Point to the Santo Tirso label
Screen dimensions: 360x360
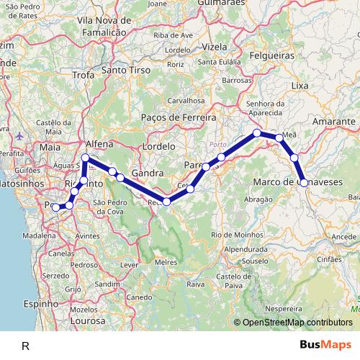[125, 71]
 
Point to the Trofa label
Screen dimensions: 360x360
[84, 74]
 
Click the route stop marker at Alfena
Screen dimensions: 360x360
[86, 157]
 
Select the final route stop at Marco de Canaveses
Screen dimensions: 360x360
[304, 183]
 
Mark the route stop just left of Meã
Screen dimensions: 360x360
[279, 137]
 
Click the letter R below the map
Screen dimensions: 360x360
[25, 346]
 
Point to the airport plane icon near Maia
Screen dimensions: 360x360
[19, 136]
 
